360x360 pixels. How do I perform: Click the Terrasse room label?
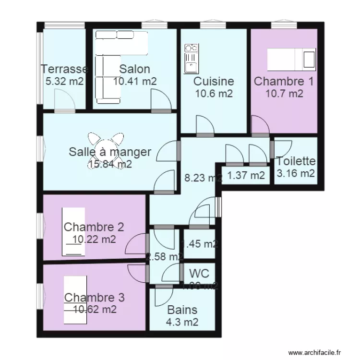coord(64,70)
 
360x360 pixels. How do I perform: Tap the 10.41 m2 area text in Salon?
coord(135,81)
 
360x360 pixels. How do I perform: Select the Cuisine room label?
coord(214,82)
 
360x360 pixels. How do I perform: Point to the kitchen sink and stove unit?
coord(191,58)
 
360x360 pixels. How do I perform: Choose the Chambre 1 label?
coord(284,81)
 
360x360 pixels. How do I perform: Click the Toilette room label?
coord(296,162)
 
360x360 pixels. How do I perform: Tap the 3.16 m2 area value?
coord(296,173)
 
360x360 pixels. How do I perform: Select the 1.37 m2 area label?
coord(246,176)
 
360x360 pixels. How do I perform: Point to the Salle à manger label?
coord(110,152)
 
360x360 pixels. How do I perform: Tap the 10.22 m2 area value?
coord(94,239)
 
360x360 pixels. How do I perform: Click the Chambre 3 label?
coord(94,298)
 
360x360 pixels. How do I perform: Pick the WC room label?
coord(199,274)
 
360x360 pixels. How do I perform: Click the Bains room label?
coord(182,310)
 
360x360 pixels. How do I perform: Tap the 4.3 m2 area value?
coord(182,323)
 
